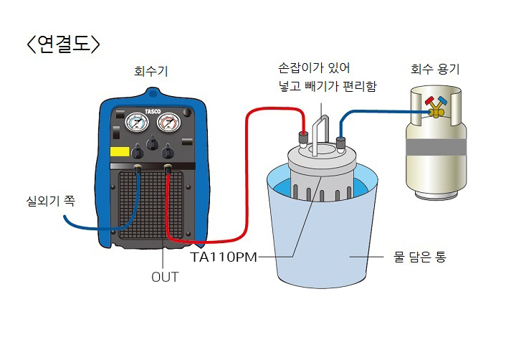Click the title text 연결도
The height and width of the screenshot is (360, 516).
[x=62, y=43]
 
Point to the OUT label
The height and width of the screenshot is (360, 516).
[x=165, y=277]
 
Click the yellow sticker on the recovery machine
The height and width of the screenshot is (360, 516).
[x=119, y=152]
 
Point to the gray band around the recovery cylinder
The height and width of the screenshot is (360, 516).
[x=434, y=146]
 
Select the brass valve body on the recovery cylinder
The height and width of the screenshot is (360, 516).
[x=434, y=110]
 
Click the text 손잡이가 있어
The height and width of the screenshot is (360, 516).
[x=314, y=69]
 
